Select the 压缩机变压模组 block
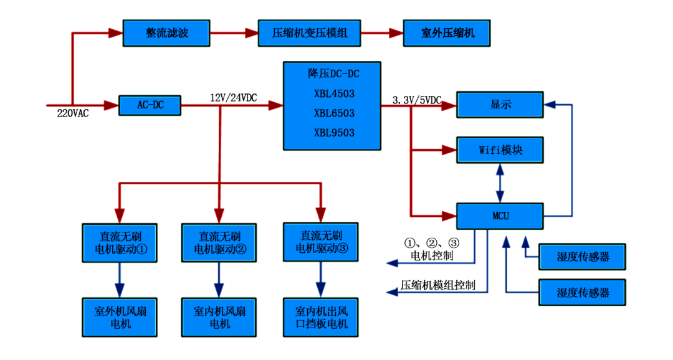coord(310,33)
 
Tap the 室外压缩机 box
coord(446,33)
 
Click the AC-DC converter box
coord(150,105)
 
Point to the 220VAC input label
coord(70,113)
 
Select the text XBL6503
coord(334,113)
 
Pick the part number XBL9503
coord(334,132)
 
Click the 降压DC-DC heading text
coord(334,73)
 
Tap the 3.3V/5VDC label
coord(418,100)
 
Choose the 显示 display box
coord(500,105)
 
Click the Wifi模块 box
coord(500,150)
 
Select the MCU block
coord(500,216)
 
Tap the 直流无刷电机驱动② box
coord(219,243)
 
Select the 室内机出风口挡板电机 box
coord(322,316)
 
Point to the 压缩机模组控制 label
coord(438,286)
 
